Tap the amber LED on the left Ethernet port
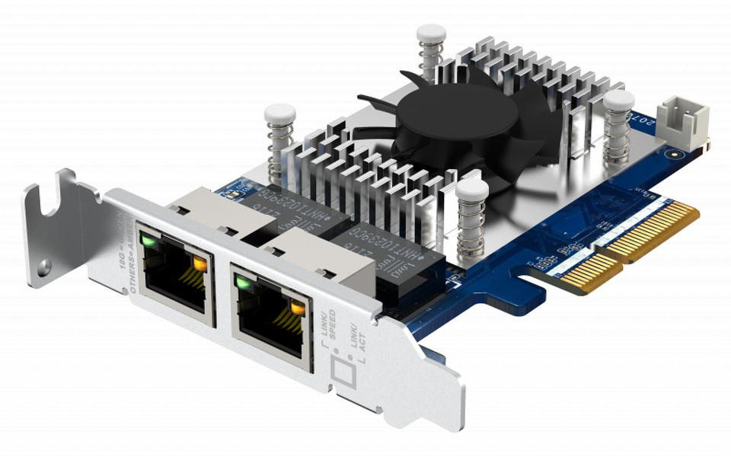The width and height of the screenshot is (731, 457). (x=200, y=264)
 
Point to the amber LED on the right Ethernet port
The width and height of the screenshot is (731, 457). (x=298, y=308)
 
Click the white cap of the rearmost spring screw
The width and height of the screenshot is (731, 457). (x=431, y=34)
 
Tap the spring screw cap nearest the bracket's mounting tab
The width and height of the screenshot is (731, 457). (x=279, y=115)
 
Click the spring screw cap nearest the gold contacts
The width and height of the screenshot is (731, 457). (x=472, y=190)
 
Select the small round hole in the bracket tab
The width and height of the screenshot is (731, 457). (x=45, y=266)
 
